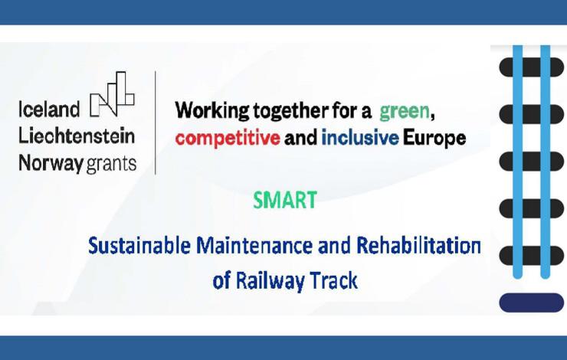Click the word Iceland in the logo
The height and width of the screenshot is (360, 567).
[49, 110]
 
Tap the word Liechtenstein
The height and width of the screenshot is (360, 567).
[77, 136]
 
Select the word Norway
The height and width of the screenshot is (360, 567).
[51, 163]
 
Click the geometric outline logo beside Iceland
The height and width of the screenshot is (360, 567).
[112, 94]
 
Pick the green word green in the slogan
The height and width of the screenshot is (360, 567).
[405, 112]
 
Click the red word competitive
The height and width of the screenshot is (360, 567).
[228, 139]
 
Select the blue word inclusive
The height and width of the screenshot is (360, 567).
[360, 138]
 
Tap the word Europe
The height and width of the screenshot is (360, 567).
[434, 139]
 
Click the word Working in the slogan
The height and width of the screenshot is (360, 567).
[212, 111]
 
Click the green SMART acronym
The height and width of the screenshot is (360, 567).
[285, 200]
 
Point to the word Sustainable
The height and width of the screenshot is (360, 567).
[139, 245]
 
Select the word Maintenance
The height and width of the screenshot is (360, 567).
[254, 245]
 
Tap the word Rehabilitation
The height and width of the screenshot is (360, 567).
[419, 245]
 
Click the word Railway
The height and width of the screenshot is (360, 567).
[270, 281]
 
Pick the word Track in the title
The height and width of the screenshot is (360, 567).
[334, 280]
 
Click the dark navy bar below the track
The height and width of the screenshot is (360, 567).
[532, 303]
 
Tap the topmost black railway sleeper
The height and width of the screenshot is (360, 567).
[532, 67]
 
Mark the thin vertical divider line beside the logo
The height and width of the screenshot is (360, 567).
[156, 123]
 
